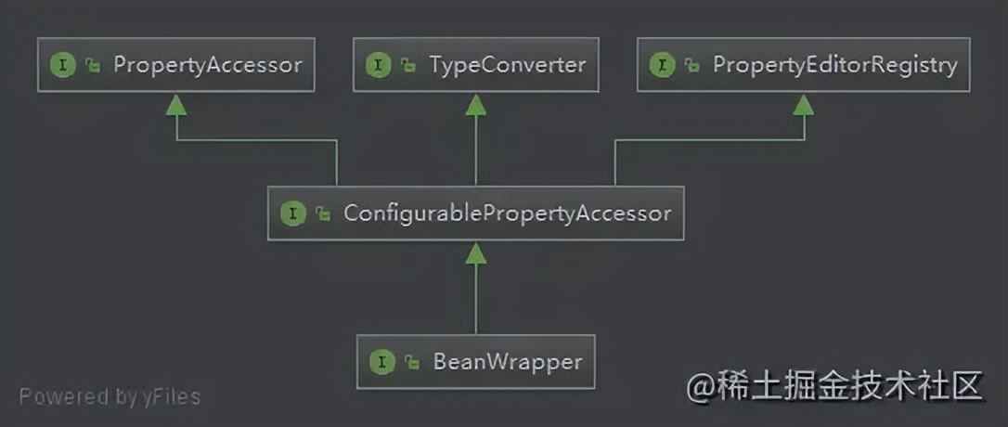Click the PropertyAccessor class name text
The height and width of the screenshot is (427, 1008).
point(208,65)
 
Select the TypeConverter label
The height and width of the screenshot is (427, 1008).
point(508,65)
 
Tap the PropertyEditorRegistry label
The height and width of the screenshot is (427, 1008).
point(835,65)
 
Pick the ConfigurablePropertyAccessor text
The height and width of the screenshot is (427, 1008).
point(507,213)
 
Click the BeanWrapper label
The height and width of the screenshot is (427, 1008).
point(508,361)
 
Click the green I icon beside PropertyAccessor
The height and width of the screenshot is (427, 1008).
point(63,65)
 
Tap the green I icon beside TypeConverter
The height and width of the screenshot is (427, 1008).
point(379,65)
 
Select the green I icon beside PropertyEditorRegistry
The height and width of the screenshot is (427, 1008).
point(662,65)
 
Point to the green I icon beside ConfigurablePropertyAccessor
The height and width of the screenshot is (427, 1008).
point(293,213)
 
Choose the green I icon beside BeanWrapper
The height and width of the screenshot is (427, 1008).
point(381,362)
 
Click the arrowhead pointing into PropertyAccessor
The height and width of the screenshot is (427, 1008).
point(176,105)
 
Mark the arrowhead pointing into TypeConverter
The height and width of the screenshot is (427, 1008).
point(476,105)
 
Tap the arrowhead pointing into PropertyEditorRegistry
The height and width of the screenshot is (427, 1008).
point(804,105)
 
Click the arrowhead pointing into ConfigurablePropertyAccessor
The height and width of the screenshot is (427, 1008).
point(476,253)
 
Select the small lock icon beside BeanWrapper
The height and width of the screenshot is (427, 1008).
point(412,363)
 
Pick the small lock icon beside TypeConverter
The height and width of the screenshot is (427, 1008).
point(408,66)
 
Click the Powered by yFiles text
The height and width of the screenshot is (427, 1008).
point(110,396)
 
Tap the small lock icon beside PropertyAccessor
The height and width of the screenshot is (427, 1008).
point(93,66)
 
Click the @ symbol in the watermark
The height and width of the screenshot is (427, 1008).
point(700,388)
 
